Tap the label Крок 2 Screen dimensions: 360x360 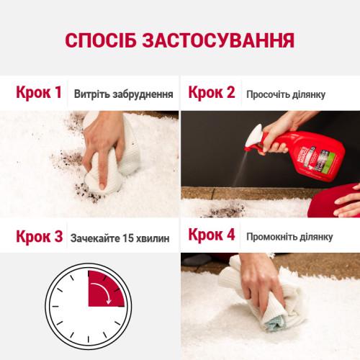click(211, 93)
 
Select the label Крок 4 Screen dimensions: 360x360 click(212, 235)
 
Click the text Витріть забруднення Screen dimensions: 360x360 click(123, 94)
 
